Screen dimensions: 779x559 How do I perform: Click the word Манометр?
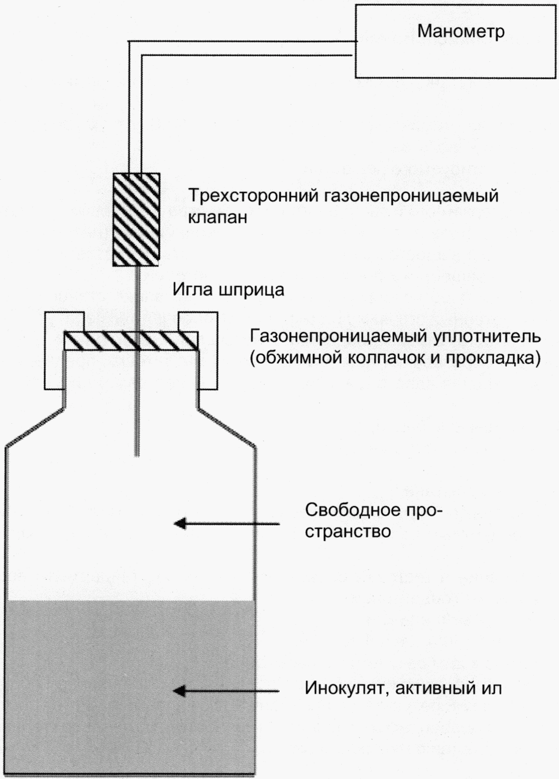click(461, 31)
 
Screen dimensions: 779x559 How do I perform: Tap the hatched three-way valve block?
click(136, 219)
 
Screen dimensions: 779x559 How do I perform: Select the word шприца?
click(250, 290)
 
